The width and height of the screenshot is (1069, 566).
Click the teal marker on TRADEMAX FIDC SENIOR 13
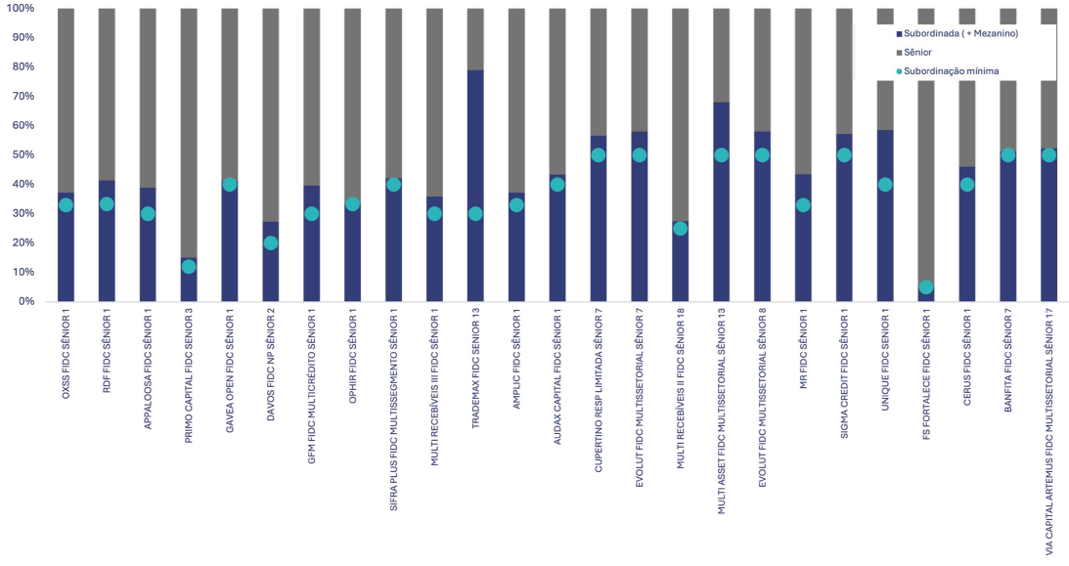[475, 213]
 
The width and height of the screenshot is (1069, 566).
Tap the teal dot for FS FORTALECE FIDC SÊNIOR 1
[926, 287]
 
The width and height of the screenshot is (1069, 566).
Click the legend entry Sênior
[919, 53]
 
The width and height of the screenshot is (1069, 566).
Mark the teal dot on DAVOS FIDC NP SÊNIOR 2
[271, 242]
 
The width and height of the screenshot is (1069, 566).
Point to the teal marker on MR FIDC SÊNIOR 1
[803, 205]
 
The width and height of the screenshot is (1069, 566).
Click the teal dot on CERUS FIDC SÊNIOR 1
[967, 185]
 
